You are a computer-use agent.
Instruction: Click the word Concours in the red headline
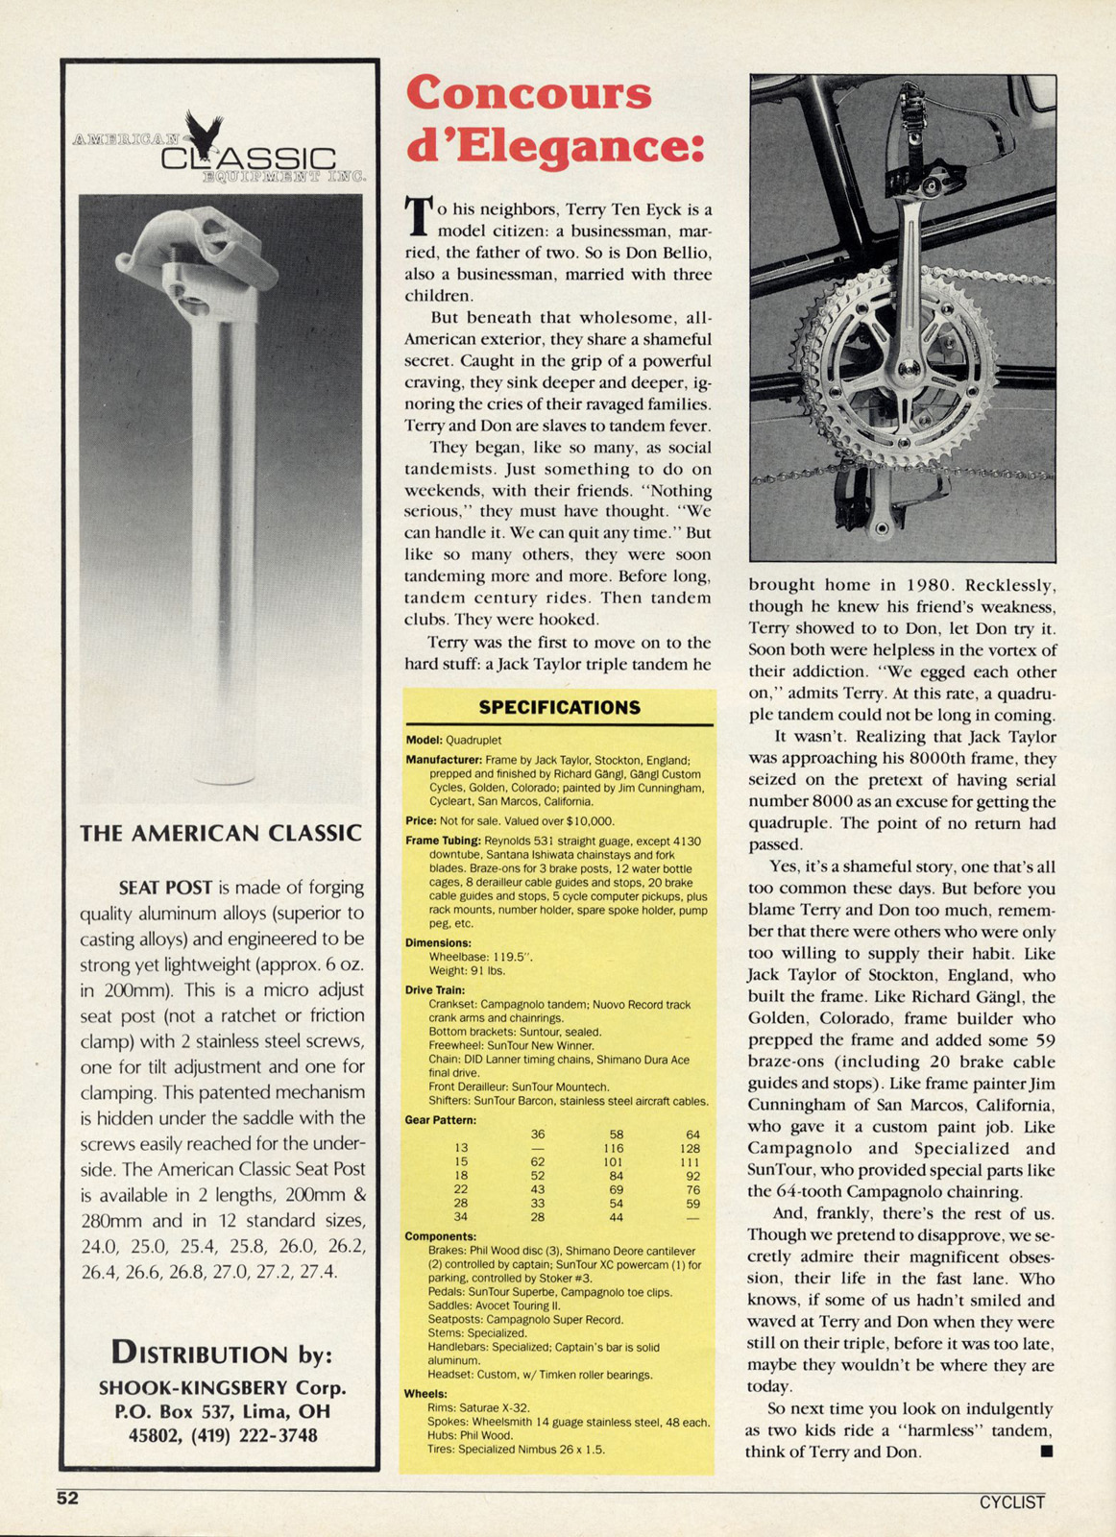point(529,93)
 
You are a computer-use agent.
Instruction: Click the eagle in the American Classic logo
point(204,134)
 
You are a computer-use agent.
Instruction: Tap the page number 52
point(67,1499)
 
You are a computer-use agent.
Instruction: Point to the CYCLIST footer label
point(1011,1502)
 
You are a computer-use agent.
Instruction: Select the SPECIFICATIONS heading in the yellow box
point(559,708)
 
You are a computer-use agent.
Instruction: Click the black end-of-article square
point(1047,1451)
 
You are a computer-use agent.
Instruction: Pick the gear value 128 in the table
point(689,1149)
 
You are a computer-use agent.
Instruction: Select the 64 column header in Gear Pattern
point(692,1134)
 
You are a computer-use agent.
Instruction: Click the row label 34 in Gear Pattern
point(461,1217)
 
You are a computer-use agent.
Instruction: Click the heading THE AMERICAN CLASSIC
point(221,834)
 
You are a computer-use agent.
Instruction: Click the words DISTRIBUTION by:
point(222,1354)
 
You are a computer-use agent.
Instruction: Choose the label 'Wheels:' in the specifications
point(425,1394)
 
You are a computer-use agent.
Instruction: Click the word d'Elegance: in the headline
point(555,147)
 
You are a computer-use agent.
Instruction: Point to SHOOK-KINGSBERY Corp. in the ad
point(222,1388)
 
